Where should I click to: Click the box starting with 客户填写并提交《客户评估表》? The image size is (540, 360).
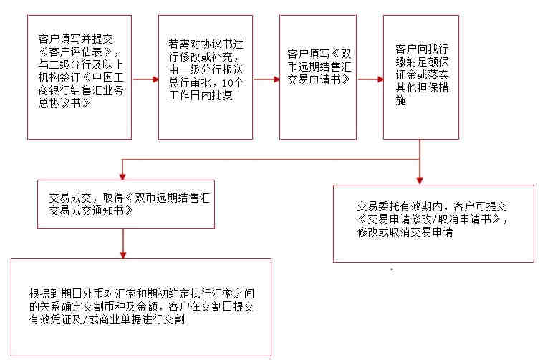point(79,77)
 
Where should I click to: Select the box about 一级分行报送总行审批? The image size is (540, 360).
point(206,77)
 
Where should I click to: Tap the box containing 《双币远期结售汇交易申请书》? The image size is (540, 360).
point(319,77)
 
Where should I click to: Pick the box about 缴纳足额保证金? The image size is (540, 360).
point(422,77)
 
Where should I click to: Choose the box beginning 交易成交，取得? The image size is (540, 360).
point(127,204)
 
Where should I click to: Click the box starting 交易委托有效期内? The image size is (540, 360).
point(434,223)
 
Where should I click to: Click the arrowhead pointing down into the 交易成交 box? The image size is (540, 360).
point(123,175)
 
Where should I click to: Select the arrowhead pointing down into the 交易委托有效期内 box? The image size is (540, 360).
point(420,180)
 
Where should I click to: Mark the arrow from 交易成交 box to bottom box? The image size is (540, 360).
point(123,243)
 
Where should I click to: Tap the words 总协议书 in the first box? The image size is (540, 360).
point(66,103)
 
